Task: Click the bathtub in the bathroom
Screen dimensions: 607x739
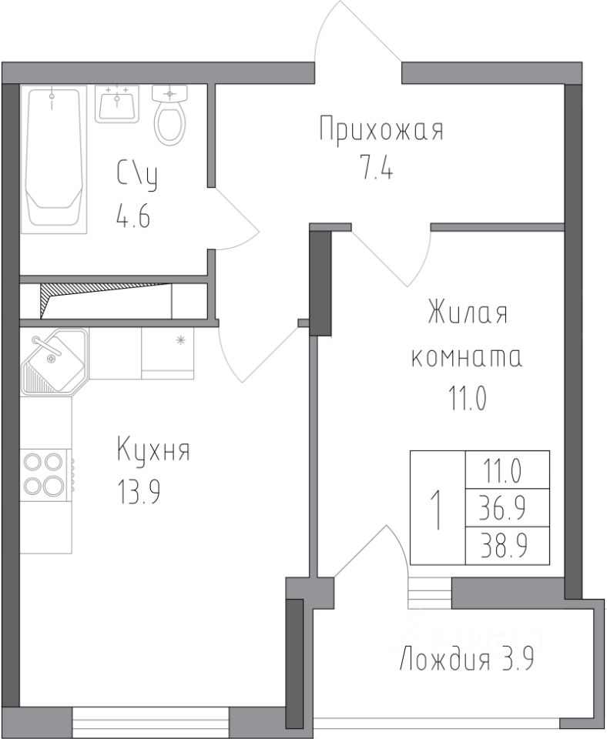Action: point(54,159)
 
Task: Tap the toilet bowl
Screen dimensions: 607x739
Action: point(169,115)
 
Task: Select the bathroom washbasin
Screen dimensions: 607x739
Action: point(117,104)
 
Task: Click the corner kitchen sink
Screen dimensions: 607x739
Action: point(54,362)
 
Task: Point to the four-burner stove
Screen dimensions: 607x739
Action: point(43,473)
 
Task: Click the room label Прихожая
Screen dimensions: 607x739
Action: point(381,129)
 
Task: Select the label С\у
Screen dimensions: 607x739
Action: point(137,176)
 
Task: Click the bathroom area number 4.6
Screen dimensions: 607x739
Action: point(133,217)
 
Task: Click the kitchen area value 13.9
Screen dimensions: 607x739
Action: point(138,492)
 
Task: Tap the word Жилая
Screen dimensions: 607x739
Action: point(468,313)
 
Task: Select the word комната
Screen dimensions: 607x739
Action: point(467,358)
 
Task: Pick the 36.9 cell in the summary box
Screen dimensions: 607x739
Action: point(508,508)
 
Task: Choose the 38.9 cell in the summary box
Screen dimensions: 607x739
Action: point(508,546)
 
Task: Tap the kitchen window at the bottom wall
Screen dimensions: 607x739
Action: point(150,721)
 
